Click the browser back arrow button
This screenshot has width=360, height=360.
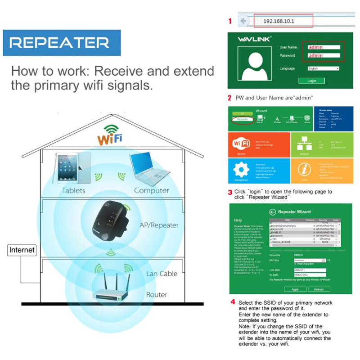243,21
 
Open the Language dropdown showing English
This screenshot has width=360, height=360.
323,68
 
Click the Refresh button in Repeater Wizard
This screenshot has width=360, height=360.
319,289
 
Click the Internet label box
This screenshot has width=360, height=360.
22,250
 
